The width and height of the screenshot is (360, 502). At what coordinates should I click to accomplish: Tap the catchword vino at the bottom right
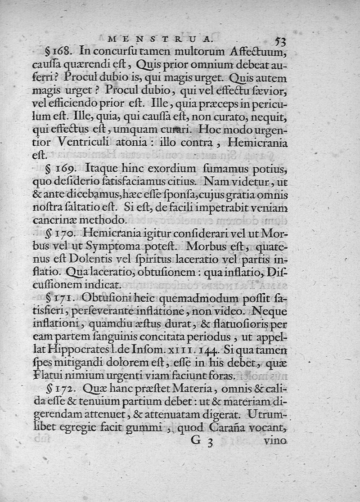[x=275, y=441]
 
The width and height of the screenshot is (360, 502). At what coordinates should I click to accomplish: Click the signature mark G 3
[x=201, y=441]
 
